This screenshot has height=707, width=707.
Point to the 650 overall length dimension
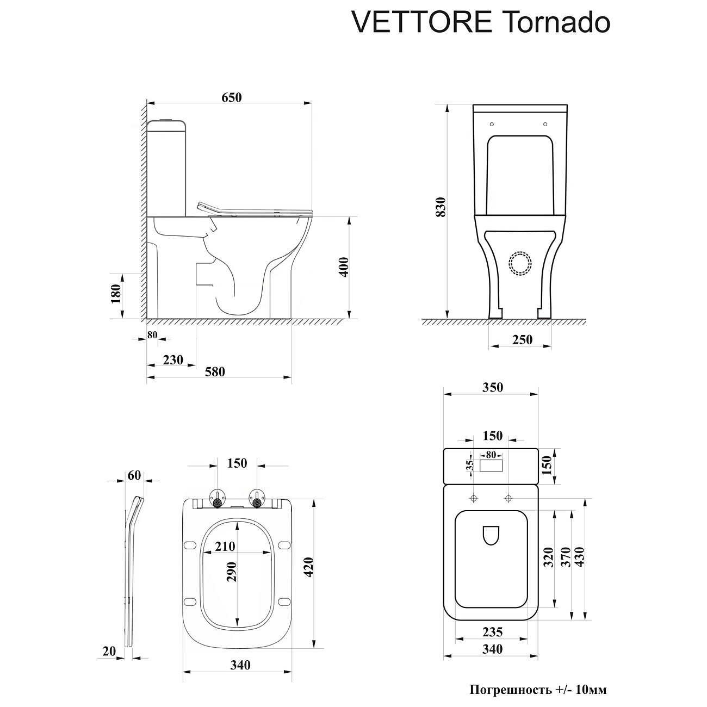231,97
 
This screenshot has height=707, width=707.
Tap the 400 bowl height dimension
344,267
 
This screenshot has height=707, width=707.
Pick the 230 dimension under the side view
173,359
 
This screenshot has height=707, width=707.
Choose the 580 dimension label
215,371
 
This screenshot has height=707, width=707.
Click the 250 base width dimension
522,340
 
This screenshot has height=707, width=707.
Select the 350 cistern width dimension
492,387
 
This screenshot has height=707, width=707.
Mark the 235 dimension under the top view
492,632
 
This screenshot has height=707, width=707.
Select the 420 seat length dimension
309,567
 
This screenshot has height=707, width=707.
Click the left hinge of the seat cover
218,498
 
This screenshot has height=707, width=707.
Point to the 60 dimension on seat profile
134,475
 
